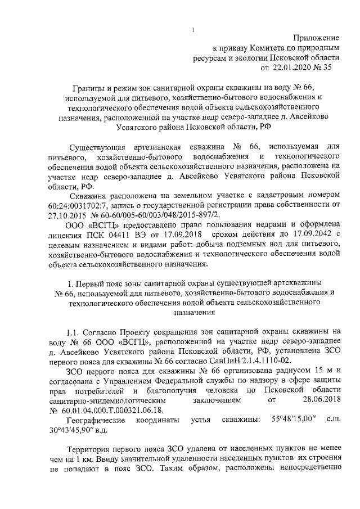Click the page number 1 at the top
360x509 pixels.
coord(192,30)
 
